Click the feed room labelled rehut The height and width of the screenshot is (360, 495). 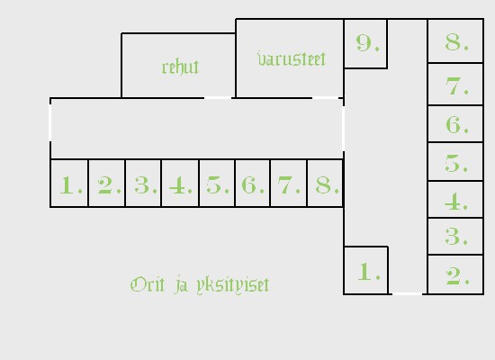(x=178, y=66)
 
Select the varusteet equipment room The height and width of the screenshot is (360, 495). (x=290, y=58)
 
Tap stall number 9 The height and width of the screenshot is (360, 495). (x=365, y=43)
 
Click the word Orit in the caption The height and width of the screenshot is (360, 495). (x=148, y=284)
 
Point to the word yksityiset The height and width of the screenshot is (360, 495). (x=233, y=285)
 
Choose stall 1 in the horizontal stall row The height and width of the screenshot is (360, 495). (x=69, y=184)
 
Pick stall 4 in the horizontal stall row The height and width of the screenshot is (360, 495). (x=180, y=184)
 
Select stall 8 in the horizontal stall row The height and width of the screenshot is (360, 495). (x=325, y=184)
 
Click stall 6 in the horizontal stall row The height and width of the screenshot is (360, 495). (x=253, y=184)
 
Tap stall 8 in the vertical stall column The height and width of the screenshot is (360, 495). (x=455, y=40)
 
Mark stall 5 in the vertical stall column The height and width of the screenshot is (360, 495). (x=455, y=162)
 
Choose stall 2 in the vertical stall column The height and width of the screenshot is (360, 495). (x=455, y=274)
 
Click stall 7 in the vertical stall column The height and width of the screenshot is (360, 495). (x=455, y=84)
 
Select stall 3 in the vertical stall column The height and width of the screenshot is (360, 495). (x=455, y=236)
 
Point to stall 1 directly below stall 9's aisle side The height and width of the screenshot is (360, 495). (x=366, y=270)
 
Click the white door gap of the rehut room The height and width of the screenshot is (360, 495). (x=218, y=98)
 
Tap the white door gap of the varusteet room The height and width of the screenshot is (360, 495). (x=326, y=98)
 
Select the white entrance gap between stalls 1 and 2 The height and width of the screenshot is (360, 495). (x=407, y=294)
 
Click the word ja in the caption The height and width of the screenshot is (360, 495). (x=181, y=285)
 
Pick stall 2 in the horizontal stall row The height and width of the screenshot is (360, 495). (x=107, y=184)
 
